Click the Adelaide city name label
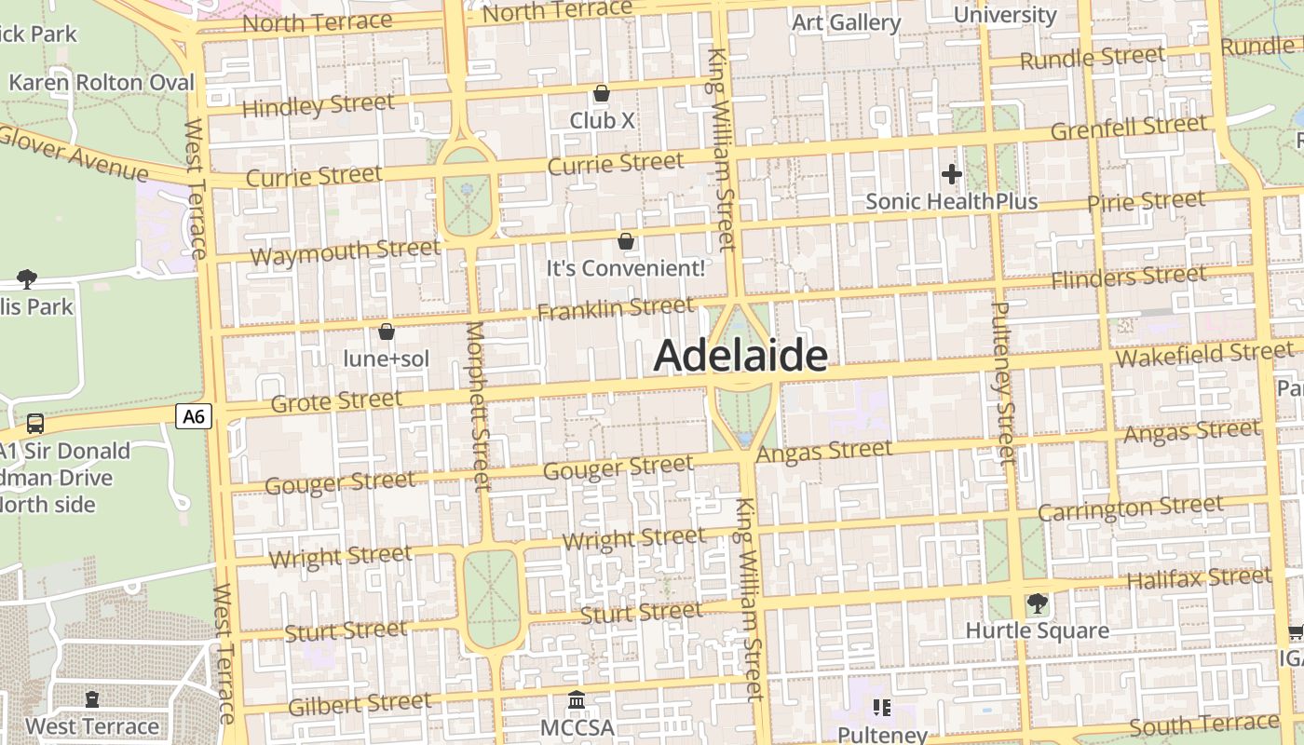point(740,356)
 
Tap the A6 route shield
point(194,416)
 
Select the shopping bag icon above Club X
point(602,94)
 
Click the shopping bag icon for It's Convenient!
point(626,242)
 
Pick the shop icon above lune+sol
point(387,332)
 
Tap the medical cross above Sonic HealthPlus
point(951,174)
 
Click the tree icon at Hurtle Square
point(1037,604)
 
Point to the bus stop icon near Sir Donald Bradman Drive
point(35,424)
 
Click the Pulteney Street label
point(1002,382)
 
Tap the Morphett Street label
point(477,406)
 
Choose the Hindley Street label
point(318,105)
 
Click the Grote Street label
point(336,401)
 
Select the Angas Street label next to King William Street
point(824,452)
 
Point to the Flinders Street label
point(1129,277)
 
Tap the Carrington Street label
point(1131,508)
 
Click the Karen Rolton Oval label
point(102,83)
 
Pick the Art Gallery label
point(846,22)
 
